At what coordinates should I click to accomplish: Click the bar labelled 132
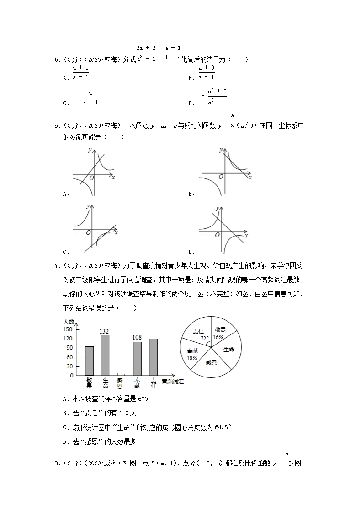point(105,355)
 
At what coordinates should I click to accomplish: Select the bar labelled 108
point(137,358)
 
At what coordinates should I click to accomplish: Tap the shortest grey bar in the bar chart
point(89,361)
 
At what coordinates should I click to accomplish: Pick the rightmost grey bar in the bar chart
point(154,357)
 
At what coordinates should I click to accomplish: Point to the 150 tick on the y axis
point(68,329)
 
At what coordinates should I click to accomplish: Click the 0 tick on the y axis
point(71,376)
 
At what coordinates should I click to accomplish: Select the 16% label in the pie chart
point(218,337)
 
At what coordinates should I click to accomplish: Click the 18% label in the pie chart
point(191,358)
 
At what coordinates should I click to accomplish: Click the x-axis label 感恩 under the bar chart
point(120,383)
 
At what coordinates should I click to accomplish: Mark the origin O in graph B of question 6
point(221,177)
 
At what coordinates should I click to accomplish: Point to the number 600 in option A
point(143,399)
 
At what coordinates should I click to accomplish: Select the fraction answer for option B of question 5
point(207,73)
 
